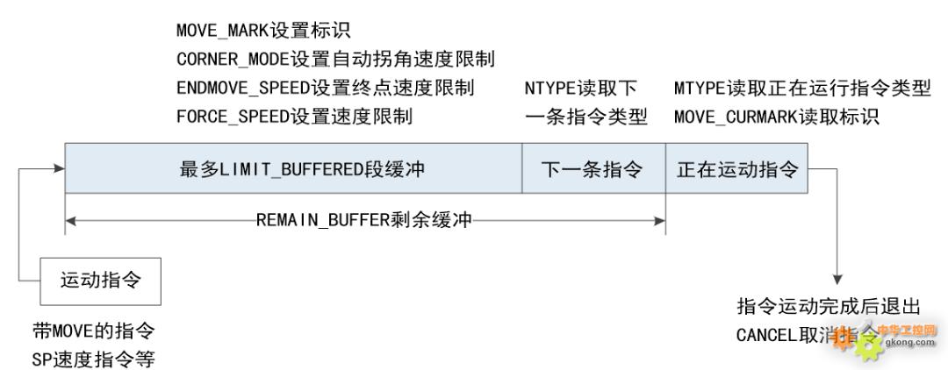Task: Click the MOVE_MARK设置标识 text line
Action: [262, 32]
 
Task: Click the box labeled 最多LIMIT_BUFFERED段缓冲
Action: [295, 170]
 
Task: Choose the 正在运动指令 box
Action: [737, 170]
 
